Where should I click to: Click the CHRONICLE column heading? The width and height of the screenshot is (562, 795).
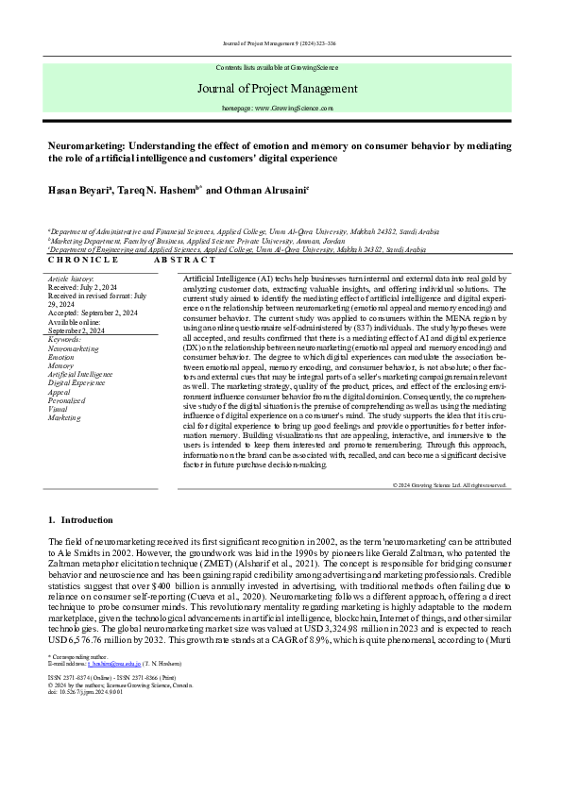pos(83,259)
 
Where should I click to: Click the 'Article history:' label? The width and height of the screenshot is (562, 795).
pos(71,280)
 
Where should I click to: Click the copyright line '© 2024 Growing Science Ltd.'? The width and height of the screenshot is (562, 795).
pos(449,484)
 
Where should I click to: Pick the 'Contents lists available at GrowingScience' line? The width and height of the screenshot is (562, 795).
pos(281,69)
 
